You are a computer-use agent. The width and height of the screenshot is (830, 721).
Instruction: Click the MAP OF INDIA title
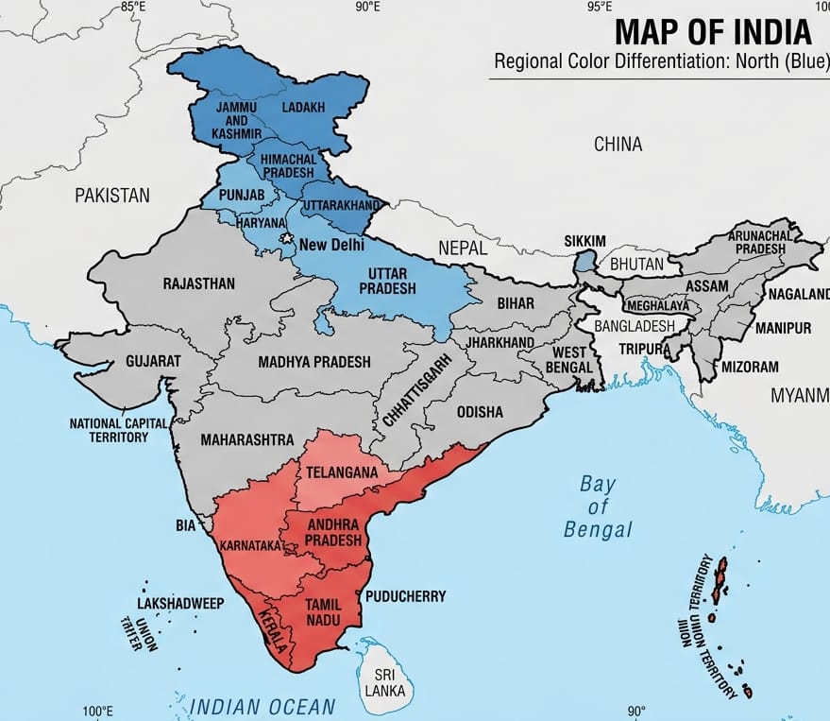pyautogui.click(x=713, y=32)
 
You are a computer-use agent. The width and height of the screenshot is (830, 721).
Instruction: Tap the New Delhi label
pyautogui.click(x=331, y=246)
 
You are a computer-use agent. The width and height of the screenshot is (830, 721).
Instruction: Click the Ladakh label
pyautogui.click(x=303, y=108)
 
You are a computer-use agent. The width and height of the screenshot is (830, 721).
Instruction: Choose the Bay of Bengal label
pyautogui.click(x=598, y=506)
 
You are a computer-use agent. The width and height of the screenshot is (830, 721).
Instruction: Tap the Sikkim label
pyautogui.click(x=584, y=241)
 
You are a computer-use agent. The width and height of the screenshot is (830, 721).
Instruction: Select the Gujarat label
pyautogui.click(x=153, y=361)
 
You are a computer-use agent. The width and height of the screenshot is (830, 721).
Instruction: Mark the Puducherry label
pyautogui.click(x=405, y=596)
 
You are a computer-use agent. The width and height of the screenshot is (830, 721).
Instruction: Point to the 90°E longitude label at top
pyautogui.click(x=367, y=8)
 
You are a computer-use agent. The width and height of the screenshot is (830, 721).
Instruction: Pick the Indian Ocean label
pyautogui.click(x=263, y=705)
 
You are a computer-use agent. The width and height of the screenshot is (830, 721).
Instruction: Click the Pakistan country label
pyautogui.click(x=112, y=196)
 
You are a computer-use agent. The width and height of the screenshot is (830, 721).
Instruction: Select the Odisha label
pyautogui.click(x=480, y=412)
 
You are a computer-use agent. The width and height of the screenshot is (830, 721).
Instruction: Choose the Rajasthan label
pyautogui.click(x=199, y=283)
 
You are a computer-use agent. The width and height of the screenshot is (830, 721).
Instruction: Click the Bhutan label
pyautogui.click(x=636, y=265)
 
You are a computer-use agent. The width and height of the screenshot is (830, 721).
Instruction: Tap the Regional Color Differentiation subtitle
pyautogui.click(x=661, y=64)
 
